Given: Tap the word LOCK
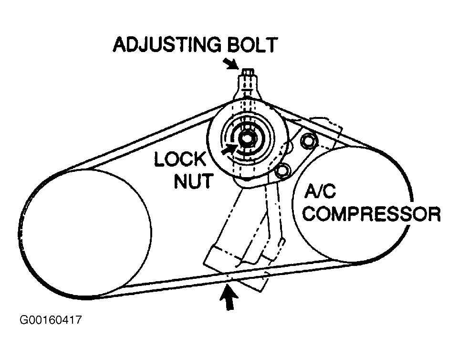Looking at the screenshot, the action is [x=179, y=160].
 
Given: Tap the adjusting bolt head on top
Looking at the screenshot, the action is [x=247, y=73].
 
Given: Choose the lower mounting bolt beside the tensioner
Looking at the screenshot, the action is [x=284, y=170].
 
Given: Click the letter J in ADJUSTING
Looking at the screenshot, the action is [x=151, y=46].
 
